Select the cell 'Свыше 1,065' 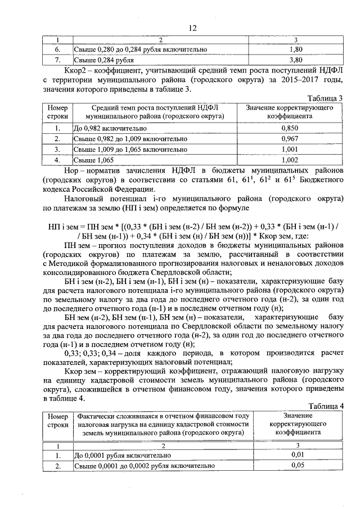93,160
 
